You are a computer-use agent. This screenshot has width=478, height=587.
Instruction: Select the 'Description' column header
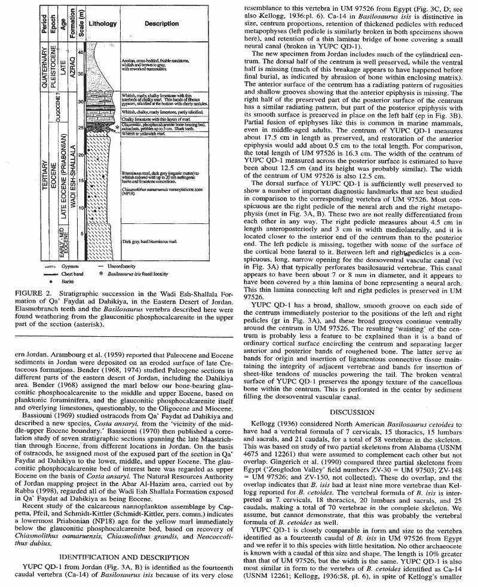[161, 23]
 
